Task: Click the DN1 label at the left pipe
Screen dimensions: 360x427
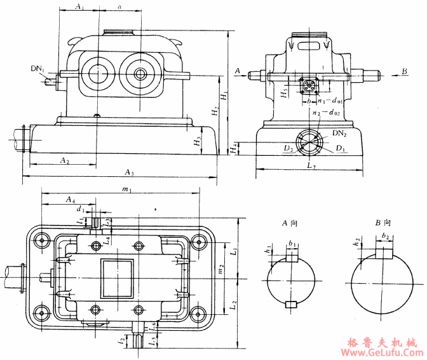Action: pos(37,68)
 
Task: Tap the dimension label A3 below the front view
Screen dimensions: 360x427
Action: pos(129,172)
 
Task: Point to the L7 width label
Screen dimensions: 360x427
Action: pos(311,165)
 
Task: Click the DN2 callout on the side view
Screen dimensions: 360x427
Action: pos(339,133)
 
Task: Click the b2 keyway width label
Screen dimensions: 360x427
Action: pos(386,236)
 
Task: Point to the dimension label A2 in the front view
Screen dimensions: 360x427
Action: pos(65,161)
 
